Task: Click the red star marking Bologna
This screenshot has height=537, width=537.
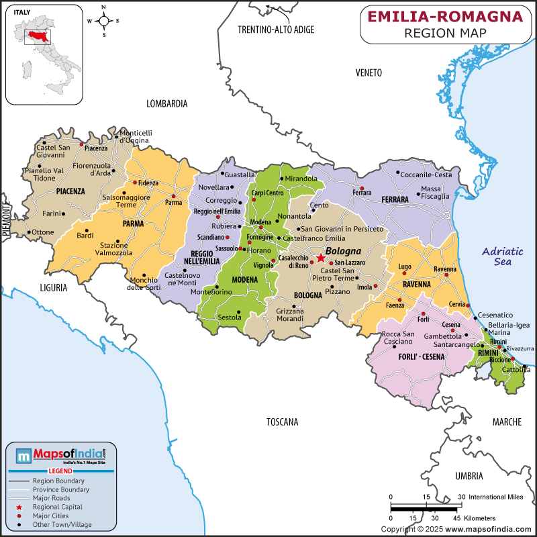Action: coord(320,258)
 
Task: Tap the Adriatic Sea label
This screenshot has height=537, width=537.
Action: coord(502,256)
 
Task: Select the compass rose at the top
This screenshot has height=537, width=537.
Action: coord(103,20)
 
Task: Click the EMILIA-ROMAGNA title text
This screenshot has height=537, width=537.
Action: coord(445,16)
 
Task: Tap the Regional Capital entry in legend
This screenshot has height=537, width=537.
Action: coord(57,507)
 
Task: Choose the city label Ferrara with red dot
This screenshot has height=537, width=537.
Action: coord(362,193)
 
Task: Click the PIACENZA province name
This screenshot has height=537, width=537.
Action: coord(70,191)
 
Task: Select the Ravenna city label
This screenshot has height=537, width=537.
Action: coord(445,269)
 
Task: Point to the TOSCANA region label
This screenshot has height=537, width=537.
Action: coord(282,422)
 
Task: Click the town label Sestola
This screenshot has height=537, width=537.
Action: coord(230,317)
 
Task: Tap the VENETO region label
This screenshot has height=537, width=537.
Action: coord(369,72)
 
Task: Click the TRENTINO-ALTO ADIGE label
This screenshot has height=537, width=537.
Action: coord(276,30)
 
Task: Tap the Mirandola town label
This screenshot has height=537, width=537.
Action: coord(301,179)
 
